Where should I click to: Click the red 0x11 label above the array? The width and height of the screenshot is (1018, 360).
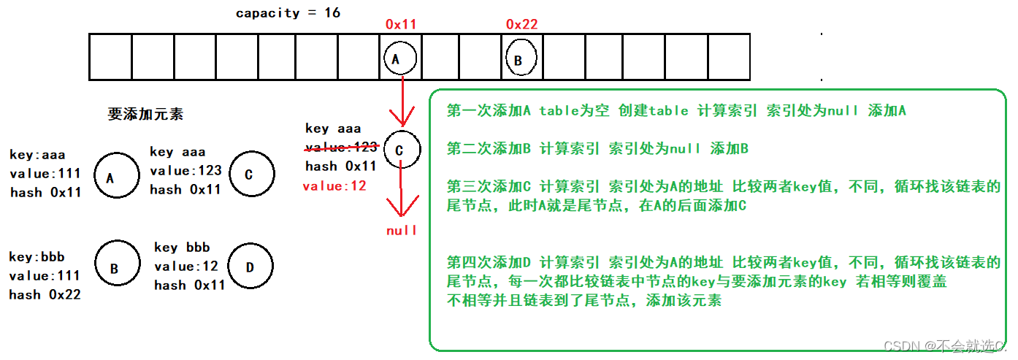[x=400, y=24]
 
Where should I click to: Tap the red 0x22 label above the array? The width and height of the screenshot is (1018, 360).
[x=521, y=24]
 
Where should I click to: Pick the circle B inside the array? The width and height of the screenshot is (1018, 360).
[x=519, y=59]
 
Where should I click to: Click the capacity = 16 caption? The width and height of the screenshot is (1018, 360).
[x=288, y=13]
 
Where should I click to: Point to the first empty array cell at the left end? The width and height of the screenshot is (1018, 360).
[x=110, y=56]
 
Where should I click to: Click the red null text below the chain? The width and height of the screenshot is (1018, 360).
[x=402, y=230]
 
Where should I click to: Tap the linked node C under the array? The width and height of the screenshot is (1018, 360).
[x=401, y=150]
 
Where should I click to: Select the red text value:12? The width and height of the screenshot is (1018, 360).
[x=334, y=186]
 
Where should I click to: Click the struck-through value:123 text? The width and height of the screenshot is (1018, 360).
[x=340, y=147]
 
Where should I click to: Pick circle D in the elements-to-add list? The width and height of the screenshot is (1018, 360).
[x=250, y=267]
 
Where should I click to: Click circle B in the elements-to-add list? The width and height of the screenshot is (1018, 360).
[x=115, y=268]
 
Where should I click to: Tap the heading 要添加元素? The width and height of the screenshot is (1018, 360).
[x=145, y=114]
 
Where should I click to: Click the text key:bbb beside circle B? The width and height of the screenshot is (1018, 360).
[x=37, y=257]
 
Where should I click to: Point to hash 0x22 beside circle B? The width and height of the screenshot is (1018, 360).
[x=45, y=294]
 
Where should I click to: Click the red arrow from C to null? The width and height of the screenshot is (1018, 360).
[x=401, y=194]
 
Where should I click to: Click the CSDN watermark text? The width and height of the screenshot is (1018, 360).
[x=944, y=345]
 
